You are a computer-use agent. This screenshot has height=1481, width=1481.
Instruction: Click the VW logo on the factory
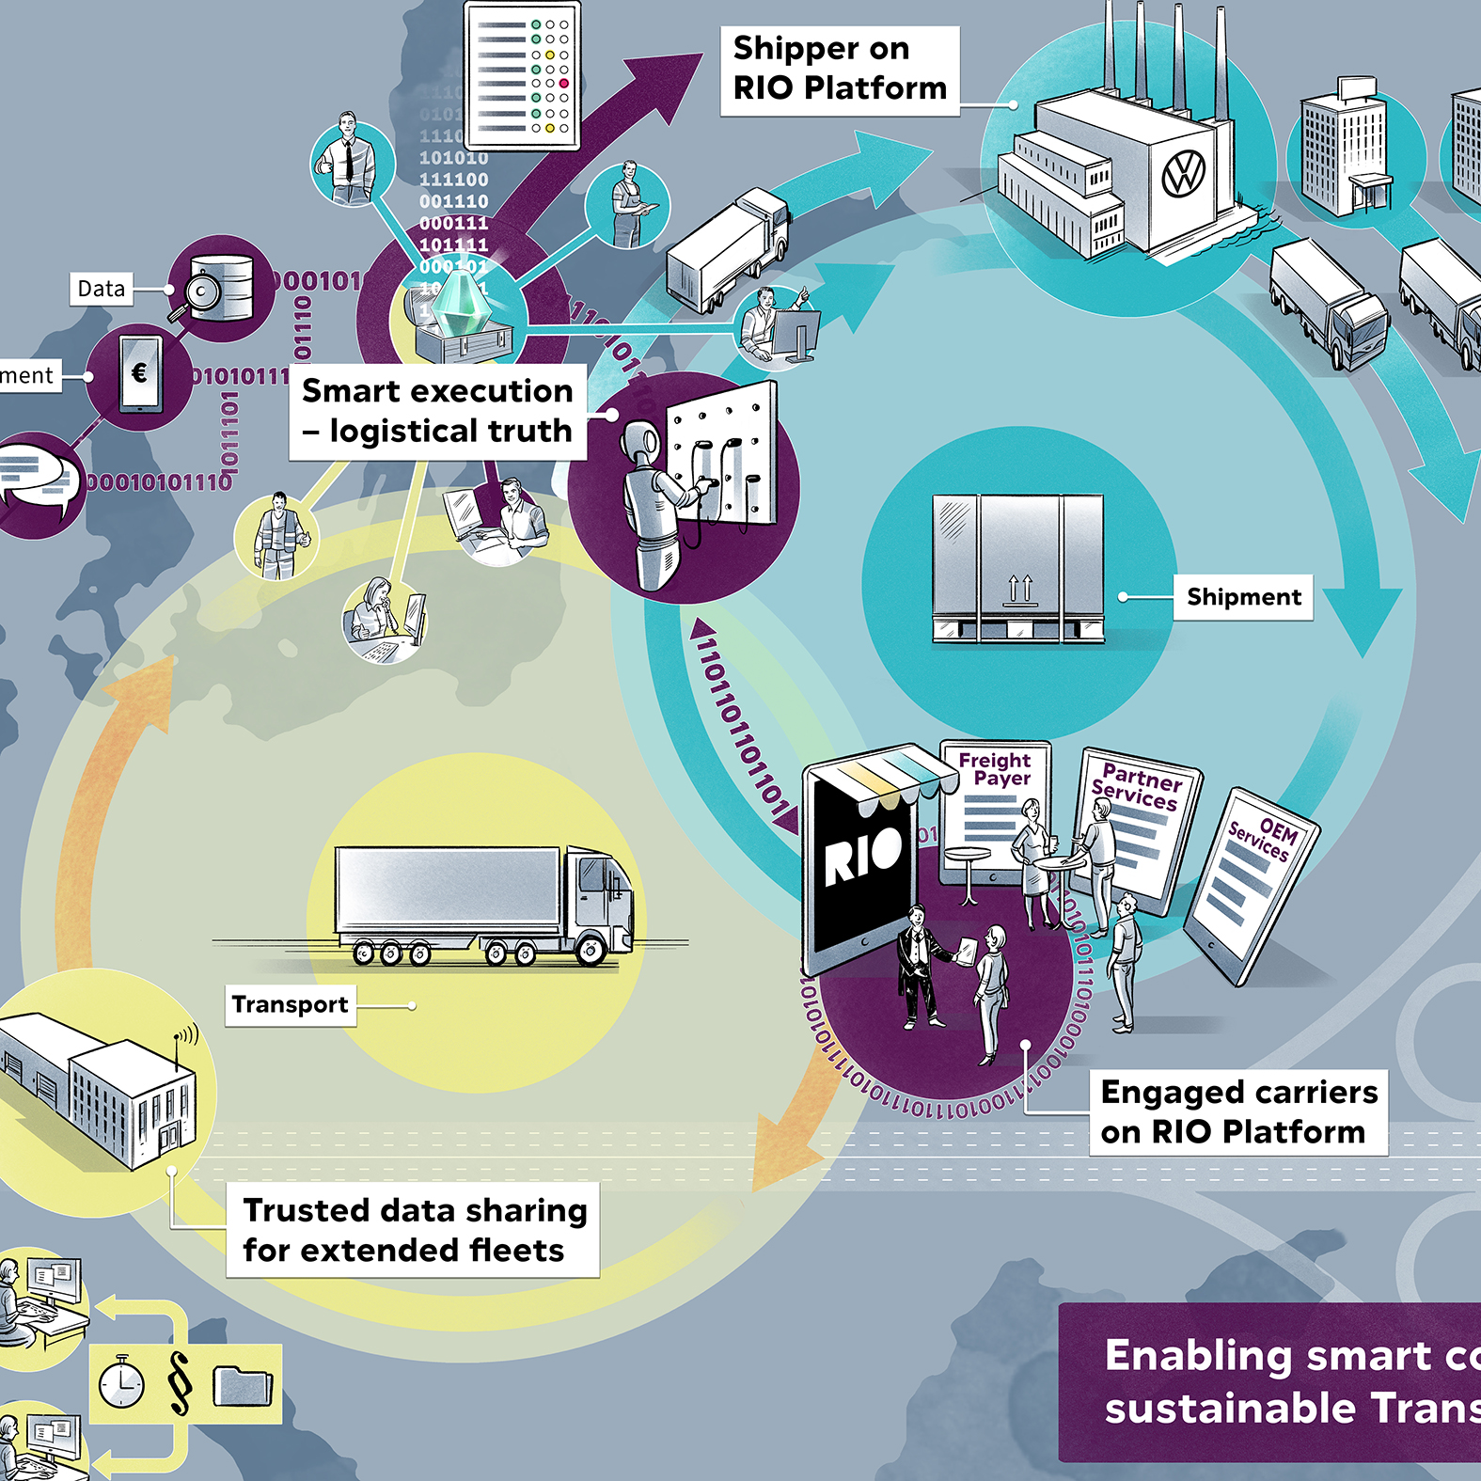[1183, 174]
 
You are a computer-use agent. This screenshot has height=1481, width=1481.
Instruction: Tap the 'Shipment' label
[1243, 597]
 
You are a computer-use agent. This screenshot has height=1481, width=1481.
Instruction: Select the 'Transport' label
[290, 1004]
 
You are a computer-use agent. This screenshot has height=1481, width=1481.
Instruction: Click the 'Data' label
[101, 289]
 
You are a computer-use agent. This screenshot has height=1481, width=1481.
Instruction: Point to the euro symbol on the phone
[139, 373]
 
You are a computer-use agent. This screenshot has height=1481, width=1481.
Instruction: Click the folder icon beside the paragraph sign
[243, 1384]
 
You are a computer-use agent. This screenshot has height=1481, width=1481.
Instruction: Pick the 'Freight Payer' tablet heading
[996, 768]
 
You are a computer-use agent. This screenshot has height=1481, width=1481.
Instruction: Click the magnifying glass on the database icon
[202, 292]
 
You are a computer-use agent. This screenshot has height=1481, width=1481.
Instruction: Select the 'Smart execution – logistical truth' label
[437, 411]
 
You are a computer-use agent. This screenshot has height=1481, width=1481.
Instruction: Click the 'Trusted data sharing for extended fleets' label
[414, 1230]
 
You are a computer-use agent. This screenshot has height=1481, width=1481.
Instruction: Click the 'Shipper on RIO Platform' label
[839, 69]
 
